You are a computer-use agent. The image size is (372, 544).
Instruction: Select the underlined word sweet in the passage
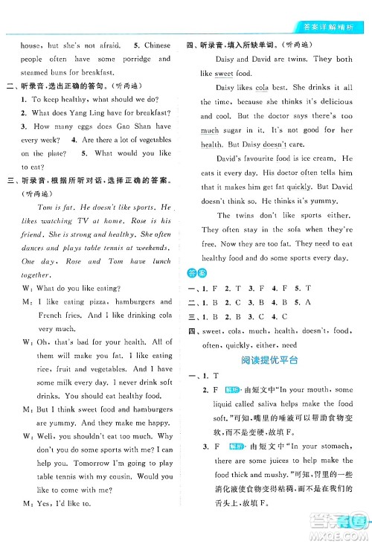(x=224, y=74)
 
